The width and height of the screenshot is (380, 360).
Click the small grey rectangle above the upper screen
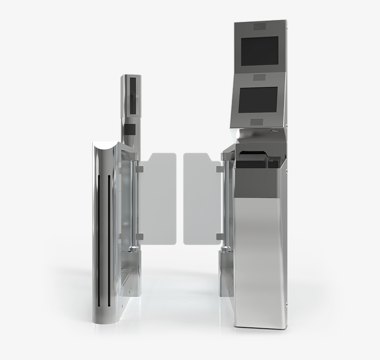260,26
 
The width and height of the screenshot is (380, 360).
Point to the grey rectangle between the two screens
260,77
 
